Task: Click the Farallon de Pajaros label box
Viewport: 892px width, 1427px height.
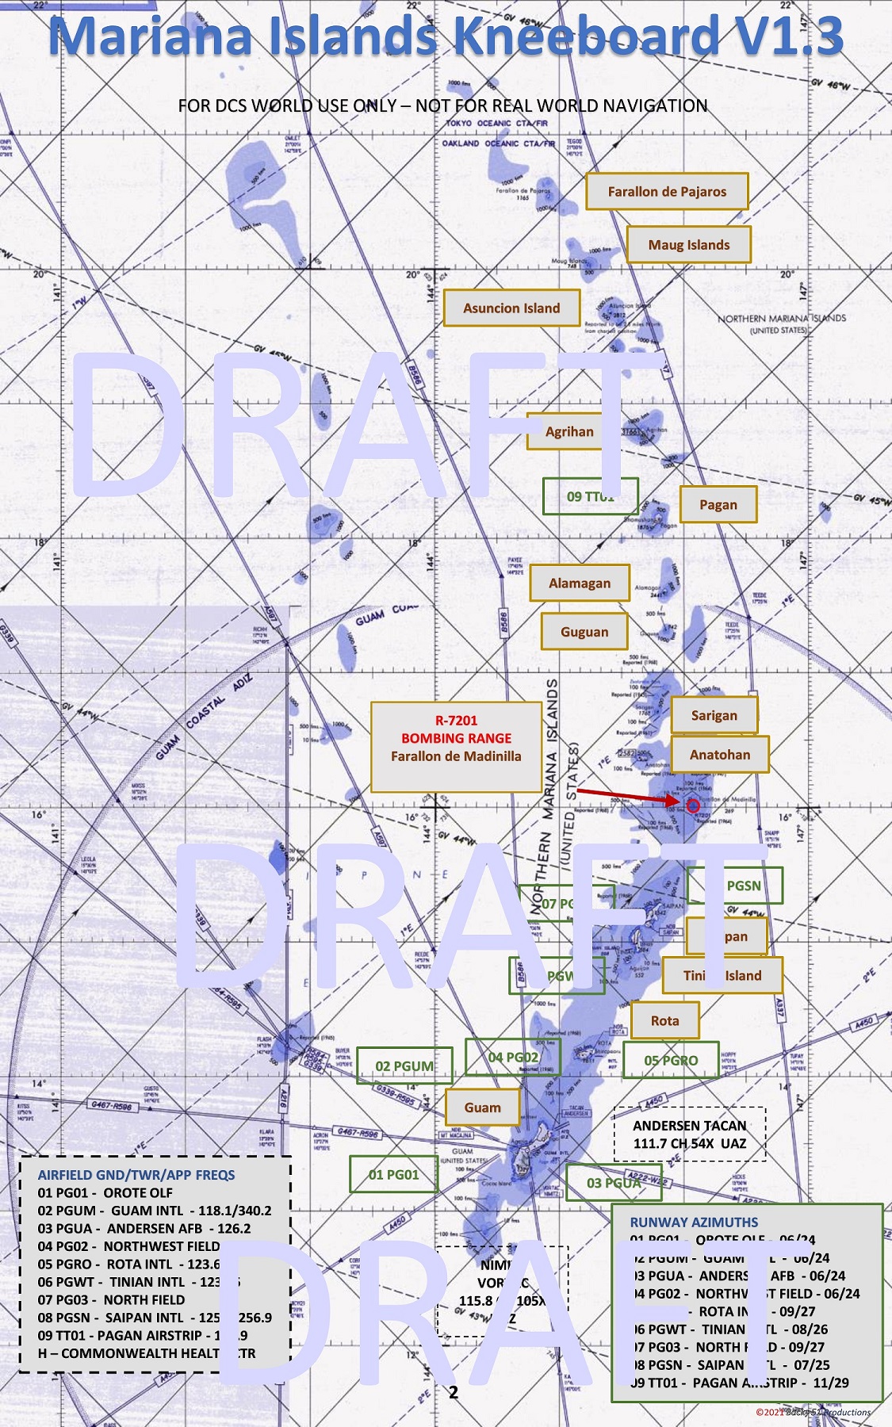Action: coord(667,191)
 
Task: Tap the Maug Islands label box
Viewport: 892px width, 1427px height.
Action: coord(688,244)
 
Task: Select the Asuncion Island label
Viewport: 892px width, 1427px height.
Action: coord(511,308)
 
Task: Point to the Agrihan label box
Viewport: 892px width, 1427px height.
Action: coord(569,431)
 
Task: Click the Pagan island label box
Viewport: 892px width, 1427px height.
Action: coord(718,504)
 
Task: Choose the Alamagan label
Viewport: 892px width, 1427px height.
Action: coord(580,583)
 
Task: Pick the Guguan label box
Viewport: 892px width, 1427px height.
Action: coord(584,632)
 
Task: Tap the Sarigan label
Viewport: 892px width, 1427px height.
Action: coord(714,715)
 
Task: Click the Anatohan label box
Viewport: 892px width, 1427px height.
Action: coord(719,754)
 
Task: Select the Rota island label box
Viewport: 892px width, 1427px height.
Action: coord(664,1020)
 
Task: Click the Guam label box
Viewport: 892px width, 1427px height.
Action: coord(482,1107)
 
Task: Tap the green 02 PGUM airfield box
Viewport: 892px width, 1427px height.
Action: coord(404,1065)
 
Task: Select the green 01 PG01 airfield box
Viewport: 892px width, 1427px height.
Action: coord(393,1174)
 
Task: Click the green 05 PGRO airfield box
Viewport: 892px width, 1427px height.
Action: coord(670,1060)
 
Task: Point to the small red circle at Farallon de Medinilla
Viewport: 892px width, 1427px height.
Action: coord(692,805)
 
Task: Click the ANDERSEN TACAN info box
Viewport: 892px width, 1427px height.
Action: coord(690,1134)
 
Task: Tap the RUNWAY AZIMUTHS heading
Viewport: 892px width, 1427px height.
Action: coord(694,1222)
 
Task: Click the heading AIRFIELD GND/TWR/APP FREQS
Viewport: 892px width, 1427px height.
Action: coord(136,1174)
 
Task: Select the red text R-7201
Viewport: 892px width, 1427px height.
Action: coord(456,720)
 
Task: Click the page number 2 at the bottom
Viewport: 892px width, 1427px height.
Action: coord(454,1392)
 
